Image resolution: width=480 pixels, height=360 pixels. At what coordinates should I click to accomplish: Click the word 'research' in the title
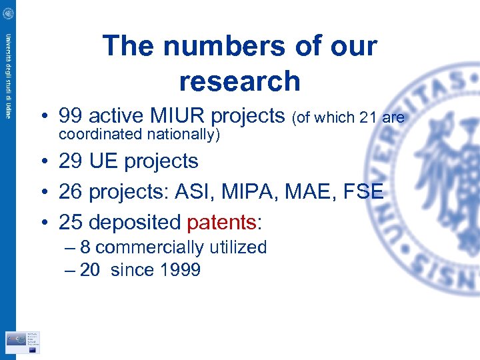tap(239, 81)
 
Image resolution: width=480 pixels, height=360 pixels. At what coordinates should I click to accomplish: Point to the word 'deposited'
tap(139, 222)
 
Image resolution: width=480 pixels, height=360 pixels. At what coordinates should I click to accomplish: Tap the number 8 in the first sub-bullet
tap(85, 247)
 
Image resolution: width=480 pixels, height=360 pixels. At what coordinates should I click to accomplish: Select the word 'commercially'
tap(149, 247)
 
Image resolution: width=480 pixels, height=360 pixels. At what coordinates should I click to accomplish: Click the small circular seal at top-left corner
tap(8, 13)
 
